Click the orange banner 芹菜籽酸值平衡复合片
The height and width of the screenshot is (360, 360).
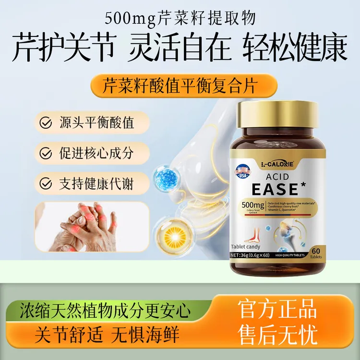[180, 86]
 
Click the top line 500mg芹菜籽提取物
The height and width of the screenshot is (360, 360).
[180, 19]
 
